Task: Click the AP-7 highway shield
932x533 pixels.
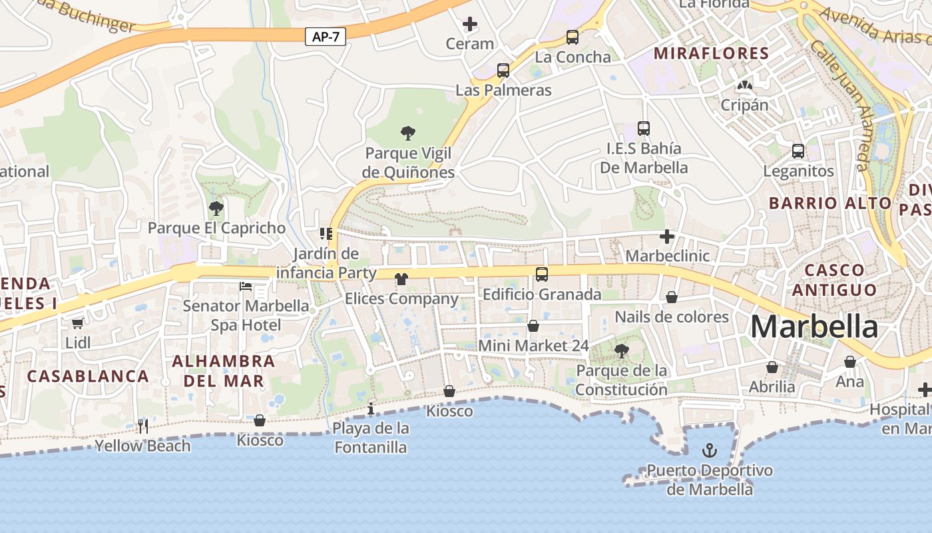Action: pyautogui.click(x=326, y=37)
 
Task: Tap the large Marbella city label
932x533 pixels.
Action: pyautogui.click(x=814, y=326)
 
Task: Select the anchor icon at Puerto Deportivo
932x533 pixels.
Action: pyautogui.click(x=710, y=451)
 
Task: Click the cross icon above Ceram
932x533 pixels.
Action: pyautogui.click(x=470, y=25)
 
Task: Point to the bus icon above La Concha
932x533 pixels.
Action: pyautogui.click(x=573, y=37)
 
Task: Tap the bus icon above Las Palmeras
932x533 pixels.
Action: pyautogui.click(x=503, y=70)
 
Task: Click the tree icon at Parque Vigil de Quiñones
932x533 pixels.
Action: pyautogui.click(x=408, y=133)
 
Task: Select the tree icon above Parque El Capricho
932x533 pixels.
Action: pyautogui.click(x=216, y=209)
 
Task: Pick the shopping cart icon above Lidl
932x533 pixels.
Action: pyautogui.click(x=78, y=323)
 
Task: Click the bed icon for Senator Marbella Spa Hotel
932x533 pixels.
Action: pyautogui.click(x=246, y=286)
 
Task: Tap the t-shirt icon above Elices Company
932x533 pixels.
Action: pyautogui.click(x=401, y=278)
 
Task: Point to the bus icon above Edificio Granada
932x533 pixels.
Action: pyautogui.click(x=542, y=274)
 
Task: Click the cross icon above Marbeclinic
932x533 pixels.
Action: pyautogui.click(x=667, y=237)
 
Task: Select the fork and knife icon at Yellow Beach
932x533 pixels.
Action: pyautogui.click(x=142, y=426)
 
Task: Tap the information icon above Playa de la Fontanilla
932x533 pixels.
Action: pyautogui.click(x=371, y=408)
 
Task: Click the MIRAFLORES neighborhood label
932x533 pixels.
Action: pyautogui.click(x=712, y=53)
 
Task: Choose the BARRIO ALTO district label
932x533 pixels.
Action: pyautogui.click(x=830, y=203)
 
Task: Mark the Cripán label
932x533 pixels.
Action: pyautogui.click(x=744, y=105)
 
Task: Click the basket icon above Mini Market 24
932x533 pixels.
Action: pyautogui.click(x=533, y=326)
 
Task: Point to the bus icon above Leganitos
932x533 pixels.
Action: pyautogui.click(x=798, y=151)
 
